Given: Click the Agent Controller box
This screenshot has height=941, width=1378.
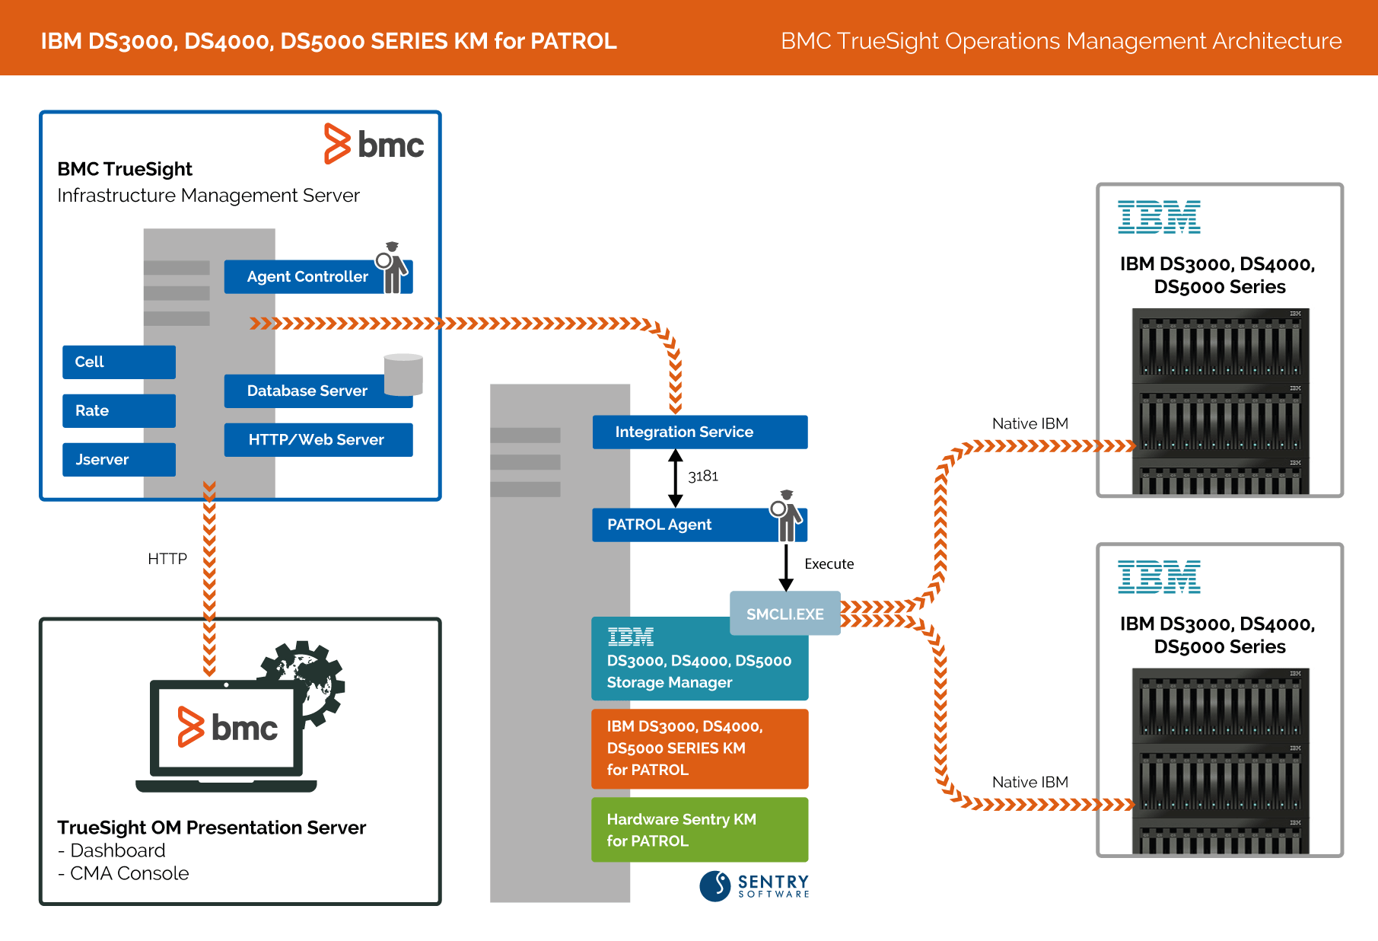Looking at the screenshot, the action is [x=318, y=276].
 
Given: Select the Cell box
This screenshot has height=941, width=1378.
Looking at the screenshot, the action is [x=119, y=362].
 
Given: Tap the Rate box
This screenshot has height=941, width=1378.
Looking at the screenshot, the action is [x=119, y=410].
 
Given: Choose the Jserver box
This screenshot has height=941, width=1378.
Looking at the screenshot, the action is [x=119, y=459].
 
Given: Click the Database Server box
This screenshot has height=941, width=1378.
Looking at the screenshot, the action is [x=318, y=391].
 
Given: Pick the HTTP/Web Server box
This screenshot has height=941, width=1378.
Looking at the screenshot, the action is [x=318, y=439].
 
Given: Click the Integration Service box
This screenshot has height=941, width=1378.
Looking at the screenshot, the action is [x=700, y=432].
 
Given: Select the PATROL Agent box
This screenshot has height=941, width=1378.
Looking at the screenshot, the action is [x=699, y=525].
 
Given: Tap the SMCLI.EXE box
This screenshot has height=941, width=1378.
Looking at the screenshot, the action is [x=785, y=614].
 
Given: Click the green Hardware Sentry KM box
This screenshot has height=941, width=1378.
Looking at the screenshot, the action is [x=700, y=830].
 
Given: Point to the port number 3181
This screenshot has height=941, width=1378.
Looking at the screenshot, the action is [x=703, y=476].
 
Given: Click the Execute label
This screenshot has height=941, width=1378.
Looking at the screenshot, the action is [x=829, y=564].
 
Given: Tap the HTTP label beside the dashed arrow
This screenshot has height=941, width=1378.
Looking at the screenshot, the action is [x=167, y=559].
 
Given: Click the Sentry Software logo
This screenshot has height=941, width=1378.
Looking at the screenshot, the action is [x=754, y=886].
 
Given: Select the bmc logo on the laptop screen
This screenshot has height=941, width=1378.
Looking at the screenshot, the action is [x=228, y=727].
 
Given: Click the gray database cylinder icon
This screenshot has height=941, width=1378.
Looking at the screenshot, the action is [x=403, y=375].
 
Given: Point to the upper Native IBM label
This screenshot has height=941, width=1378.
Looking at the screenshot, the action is [x=1030, y=423].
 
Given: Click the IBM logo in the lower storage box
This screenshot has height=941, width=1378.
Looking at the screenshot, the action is [x=1159, y=576].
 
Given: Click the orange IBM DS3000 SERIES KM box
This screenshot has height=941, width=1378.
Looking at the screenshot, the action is [x=700, y=748].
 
